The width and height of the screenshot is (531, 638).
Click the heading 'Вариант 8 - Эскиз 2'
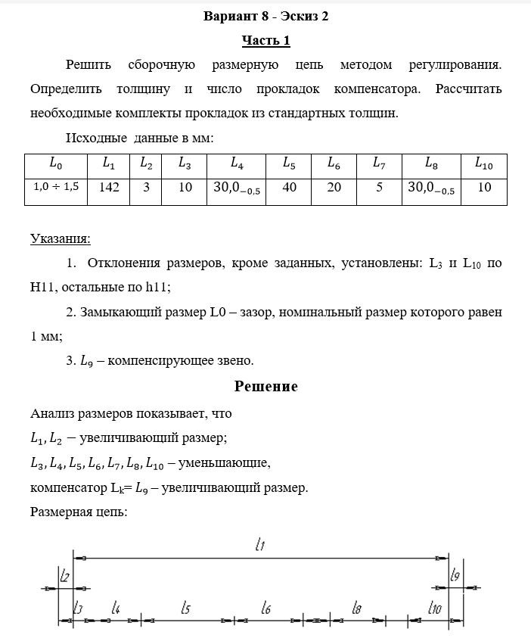265,17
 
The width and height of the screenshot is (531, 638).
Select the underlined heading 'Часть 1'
265,40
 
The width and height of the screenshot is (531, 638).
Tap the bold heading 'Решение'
265,387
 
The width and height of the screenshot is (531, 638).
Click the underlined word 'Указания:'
60,239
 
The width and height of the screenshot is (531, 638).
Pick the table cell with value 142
109,188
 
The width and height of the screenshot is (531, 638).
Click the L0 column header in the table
56,163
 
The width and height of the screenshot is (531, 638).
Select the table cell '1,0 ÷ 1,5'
56,186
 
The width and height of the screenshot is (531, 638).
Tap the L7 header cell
379,163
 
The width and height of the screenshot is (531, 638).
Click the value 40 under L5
289,188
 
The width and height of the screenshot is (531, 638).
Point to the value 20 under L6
334,188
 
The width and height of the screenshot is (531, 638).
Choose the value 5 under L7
379,188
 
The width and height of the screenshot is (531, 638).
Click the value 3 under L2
146,188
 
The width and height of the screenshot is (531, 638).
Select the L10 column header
483,163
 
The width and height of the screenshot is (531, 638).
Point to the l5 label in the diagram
185,608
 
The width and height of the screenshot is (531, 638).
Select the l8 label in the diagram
356,608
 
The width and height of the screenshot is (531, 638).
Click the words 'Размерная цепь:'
78,512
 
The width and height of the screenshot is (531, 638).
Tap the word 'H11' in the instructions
45,287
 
